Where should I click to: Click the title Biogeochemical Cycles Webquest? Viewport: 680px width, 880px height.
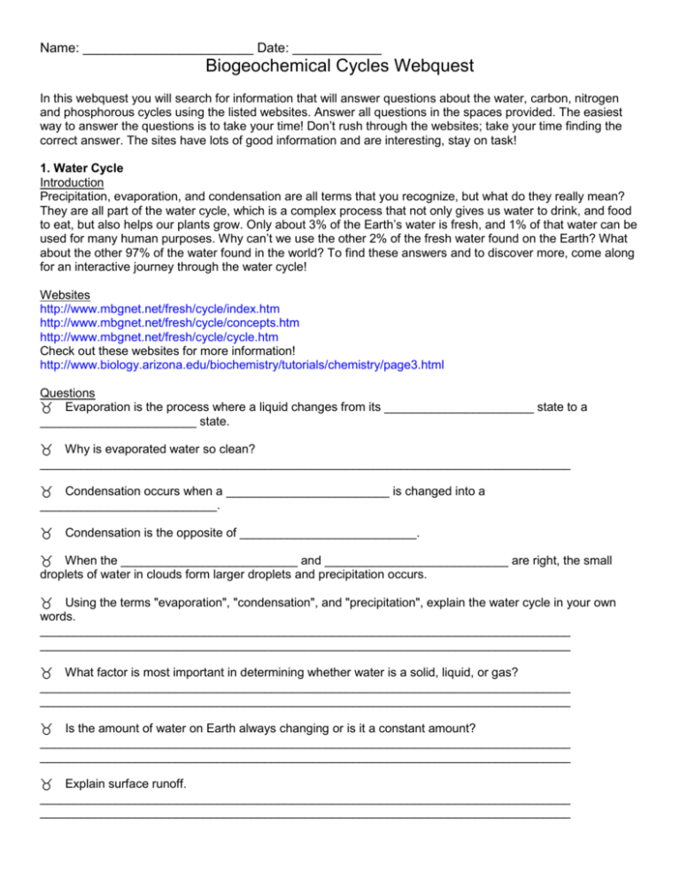click(340, 66)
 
